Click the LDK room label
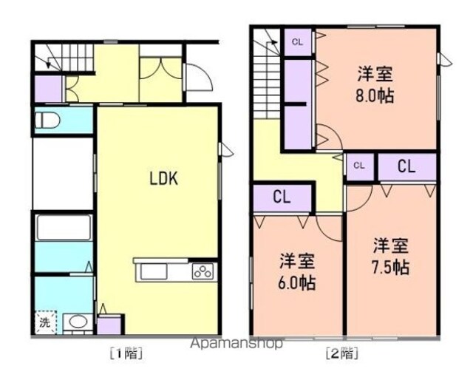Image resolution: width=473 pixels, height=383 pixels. tap(164, 178)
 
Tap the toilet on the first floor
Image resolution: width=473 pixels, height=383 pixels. tap(47, 121)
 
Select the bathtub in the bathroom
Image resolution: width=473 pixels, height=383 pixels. tap(64, 227)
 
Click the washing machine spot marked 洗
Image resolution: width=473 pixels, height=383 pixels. tap(46, 322)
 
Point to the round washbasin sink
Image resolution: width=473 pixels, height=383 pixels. tap(78, 322)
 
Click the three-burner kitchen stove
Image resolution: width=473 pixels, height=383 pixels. tap(203, 271)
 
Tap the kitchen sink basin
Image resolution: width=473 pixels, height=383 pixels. tap(154, 271)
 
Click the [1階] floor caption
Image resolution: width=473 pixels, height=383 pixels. tap(126, 353)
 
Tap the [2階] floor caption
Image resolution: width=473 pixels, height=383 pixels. tap(342, 353)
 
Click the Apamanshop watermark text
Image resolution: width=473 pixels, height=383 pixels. tap(236, 344)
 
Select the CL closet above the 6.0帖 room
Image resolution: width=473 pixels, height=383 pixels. tap(282, 197)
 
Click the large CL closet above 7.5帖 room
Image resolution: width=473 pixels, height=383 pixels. tap(406, 166)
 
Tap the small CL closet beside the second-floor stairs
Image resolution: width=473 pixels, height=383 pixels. tap(297, 42)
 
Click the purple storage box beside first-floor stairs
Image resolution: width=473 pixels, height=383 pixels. tap(48, 89)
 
